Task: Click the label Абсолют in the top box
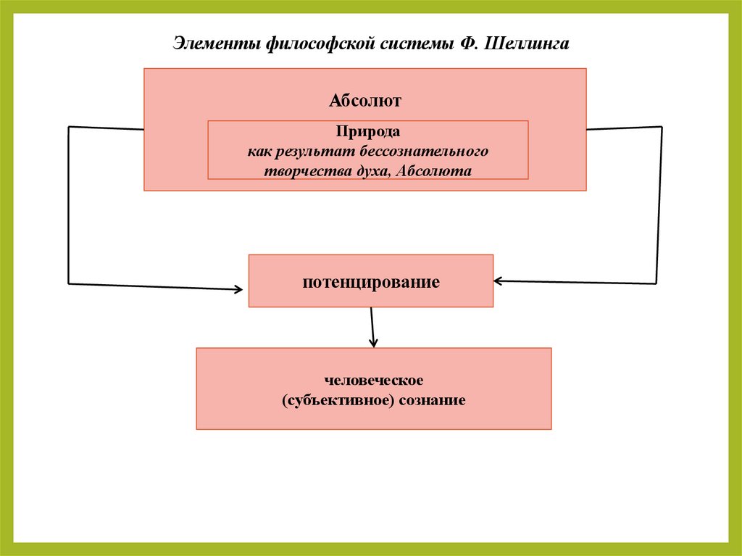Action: click(365, 100)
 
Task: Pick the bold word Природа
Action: click(367, 133)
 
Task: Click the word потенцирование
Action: click(371, 282)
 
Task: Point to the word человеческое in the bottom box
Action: click(374, 380)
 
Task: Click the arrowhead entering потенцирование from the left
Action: click(238, 289)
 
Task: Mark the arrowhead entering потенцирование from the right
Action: click(499, 281)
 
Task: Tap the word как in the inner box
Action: click(257, 152)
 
